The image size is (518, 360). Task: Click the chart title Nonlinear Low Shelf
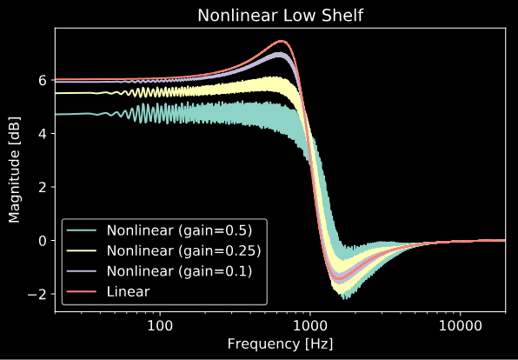coord(280,15)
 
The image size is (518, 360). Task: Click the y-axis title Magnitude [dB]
coord(14,170)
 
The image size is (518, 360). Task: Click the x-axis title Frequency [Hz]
coord(280,344)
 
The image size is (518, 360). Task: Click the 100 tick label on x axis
coord(160,327)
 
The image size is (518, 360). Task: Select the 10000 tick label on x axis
coord(460,327)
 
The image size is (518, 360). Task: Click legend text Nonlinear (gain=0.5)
coord(179,230)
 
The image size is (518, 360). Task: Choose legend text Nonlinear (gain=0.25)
coord(183,251)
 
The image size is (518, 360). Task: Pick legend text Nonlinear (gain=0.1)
coord(179,271)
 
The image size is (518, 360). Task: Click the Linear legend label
coord(128,292)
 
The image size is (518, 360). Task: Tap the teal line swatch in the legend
coord(82,230)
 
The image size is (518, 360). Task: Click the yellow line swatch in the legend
coord(82,251)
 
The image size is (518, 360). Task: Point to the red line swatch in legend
coord(82,291)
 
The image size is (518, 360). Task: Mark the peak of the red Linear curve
coord(281,41)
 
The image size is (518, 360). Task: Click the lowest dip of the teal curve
coord(345,298)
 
